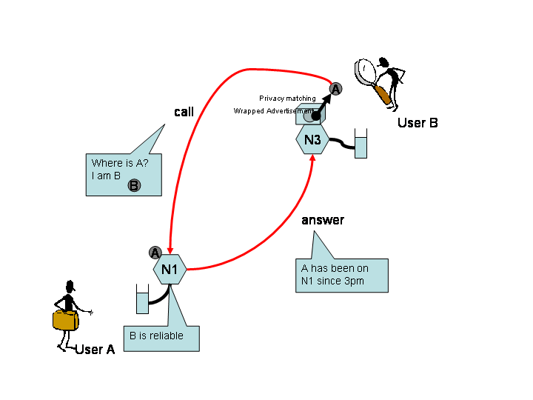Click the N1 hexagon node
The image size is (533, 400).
170,269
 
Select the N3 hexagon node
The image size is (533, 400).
312,140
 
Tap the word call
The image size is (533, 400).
184,112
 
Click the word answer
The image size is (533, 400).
323,220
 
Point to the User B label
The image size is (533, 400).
418,123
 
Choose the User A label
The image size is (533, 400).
95,350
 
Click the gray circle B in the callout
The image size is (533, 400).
133,185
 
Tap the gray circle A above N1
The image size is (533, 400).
155,253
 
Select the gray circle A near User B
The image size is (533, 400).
335,89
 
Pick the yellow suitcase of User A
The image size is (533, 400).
64,321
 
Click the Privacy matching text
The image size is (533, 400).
287,99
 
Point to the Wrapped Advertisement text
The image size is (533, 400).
269,111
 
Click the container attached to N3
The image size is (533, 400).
361,144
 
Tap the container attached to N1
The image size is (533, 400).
142,299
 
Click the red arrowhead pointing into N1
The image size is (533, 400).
170,250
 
